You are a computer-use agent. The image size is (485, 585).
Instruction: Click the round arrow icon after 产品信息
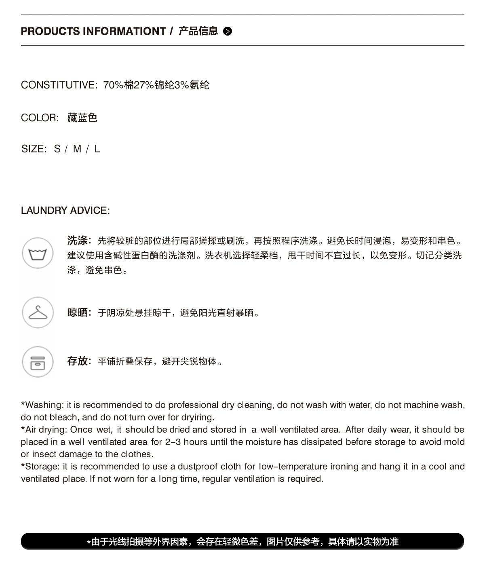point(228,31)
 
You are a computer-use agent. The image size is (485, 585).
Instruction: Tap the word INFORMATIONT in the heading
point(124,31)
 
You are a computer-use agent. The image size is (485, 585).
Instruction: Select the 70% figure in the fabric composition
point(113,85)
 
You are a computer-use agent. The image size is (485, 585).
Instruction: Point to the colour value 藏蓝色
point(82,118)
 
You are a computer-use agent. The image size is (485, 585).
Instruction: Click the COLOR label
point(40,118)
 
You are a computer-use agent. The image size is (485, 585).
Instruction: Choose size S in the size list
point(57,149)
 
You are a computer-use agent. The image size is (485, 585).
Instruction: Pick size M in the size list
point(77,149)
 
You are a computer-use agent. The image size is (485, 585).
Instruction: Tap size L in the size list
point(97,149)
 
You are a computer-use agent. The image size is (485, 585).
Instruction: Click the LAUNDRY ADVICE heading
point(65,210)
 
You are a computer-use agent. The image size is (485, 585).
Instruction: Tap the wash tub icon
point(38,253)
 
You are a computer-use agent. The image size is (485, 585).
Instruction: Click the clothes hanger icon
point(38,313)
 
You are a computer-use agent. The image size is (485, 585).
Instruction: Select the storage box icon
point(38,362)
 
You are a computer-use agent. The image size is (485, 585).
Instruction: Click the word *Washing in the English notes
point(42,405)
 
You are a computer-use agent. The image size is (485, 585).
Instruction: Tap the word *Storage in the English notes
point(40,467)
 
